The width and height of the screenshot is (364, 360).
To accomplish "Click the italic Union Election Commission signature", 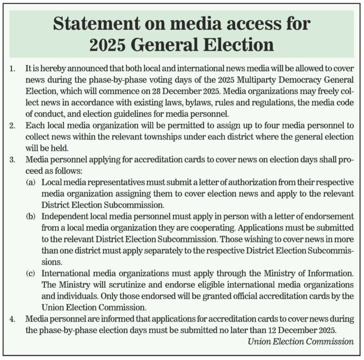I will coord(301,341).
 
